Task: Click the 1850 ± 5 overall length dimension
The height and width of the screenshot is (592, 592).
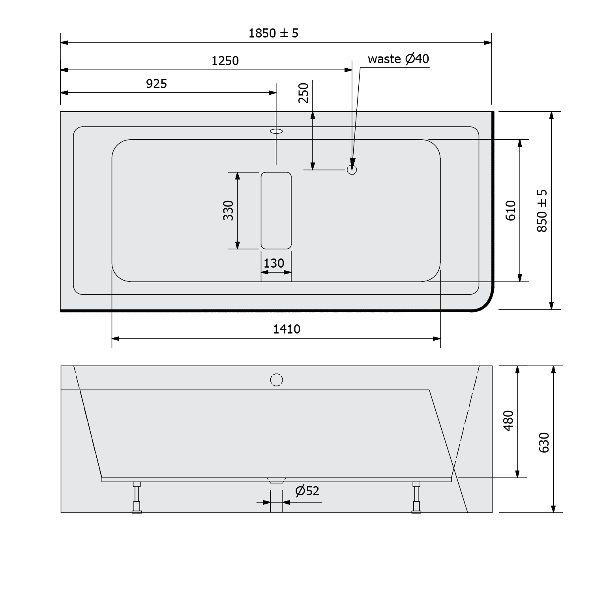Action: point(273,33)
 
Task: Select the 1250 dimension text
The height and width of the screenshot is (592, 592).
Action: point(225,61)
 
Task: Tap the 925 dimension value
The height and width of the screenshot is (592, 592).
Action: point(156,84)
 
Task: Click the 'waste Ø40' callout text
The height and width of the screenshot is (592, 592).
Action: point(398,59)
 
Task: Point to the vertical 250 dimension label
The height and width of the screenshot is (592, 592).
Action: point(303,93)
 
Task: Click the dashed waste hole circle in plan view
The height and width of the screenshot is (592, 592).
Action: point(352,170)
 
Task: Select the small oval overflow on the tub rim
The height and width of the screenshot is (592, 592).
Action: point(276,131)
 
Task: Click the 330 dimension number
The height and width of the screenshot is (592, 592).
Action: point(229,210)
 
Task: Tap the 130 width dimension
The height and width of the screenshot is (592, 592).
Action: point(274,263)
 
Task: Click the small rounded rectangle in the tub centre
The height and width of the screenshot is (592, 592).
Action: point(276,210)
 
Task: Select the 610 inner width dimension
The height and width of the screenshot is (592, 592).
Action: point(511,210)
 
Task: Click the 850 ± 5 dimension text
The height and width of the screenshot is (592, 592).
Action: point(542,210)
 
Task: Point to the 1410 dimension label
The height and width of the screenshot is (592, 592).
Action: point(287,329)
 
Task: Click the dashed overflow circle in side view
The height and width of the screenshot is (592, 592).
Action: point(277,380)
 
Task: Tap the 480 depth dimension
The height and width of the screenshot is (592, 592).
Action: point(509,421)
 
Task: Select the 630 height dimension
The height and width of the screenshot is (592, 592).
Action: point(544,442)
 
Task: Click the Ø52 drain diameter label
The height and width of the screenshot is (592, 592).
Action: point(307,491)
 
